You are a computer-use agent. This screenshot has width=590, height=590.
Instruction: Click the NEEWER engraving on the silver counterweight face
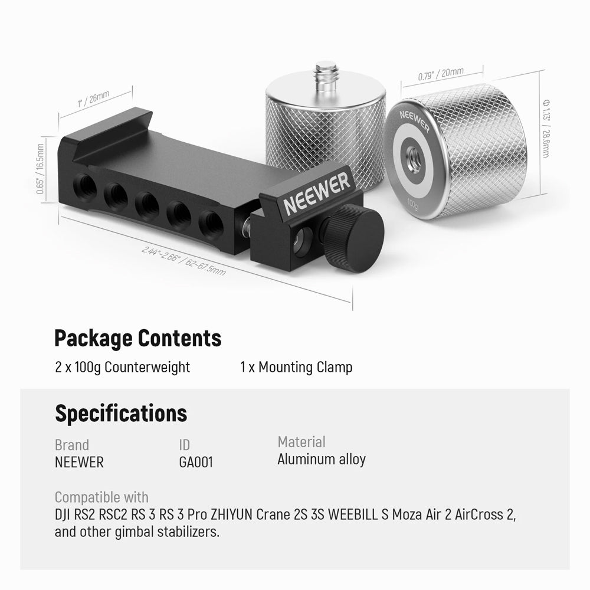point(414,120)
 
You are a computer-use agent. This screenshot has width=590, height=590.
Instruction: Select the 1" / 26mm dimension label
point(93,99)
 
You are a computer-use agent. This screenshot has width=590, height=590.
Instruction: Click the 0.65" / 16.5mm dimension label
point(40,169)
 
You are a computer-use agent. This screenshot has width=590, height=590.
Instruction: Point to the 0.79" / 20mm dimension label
point(441,74)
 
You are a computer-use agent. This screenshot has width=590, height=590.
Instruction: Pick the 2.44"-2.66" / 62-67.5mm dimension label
point(183,260)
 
